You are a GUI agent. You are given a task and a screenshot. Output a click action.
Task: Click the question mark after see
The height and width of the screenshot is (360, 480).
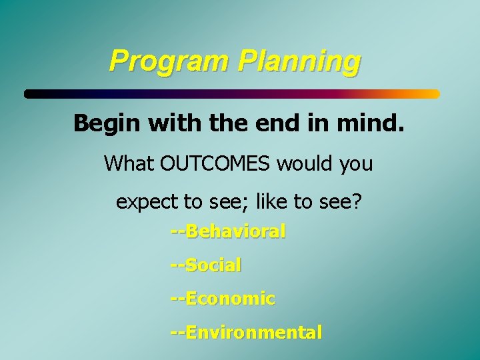click(357, 201)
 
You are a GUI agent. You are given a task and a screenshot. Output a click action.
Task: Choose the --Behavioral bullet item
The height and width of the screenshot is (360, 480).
click(228, 231)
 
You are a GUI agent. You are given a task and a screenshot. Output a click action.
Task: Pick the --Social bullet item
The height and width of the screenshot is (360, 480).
click(206, 265)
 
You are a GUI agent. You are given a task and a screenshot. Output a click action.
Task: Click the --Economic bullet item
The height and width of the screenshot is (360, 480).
click(222, 298)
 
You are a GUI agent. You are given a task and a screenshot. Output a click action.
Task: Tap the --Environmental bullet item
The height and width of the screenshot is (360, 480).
click(246, 331)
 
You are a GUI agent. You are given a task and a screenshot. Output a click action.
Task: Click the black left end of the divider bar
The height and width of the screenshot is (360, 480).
click(31, 94)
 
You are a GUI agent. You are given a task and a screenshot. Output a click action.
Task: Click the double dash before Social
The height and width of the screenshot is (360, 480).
click(177, 265)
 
